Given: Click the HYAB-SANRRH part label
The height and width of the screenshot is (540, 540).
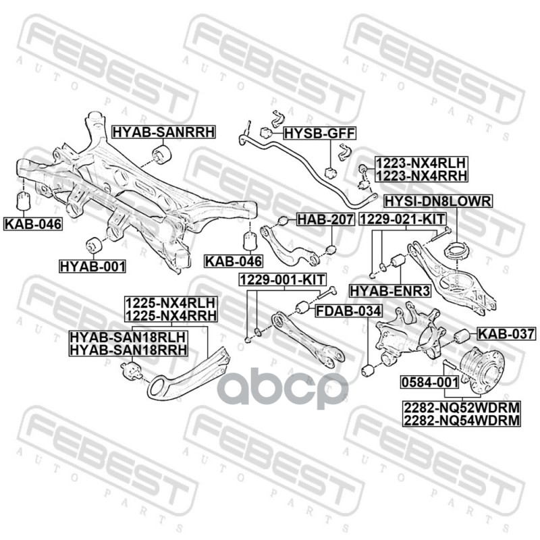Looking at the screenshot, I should click(163, 132).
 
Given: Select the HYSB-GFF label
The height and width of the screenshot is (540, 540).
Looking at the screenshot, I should click(319, 132).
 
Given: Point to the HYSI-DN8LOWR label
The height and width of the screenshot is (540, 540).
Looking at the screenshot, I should click(438, 201).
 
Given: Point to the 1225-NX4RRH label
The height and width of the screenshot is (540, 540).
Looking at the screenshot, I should click(169, 315).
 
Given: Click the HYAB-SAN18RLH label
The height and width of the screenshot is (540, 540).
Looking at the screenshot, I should click(128, 336).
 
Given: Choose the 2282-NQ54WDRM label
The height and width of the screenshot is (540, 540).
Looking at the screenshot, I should click(462, 421).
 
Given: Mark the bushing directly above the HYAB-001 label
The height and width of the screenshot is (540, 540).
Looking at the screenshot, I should click(94, 244).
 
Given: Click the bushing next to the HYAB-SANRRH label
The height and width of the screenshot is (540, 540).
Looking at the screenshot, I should click(163, 154).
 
